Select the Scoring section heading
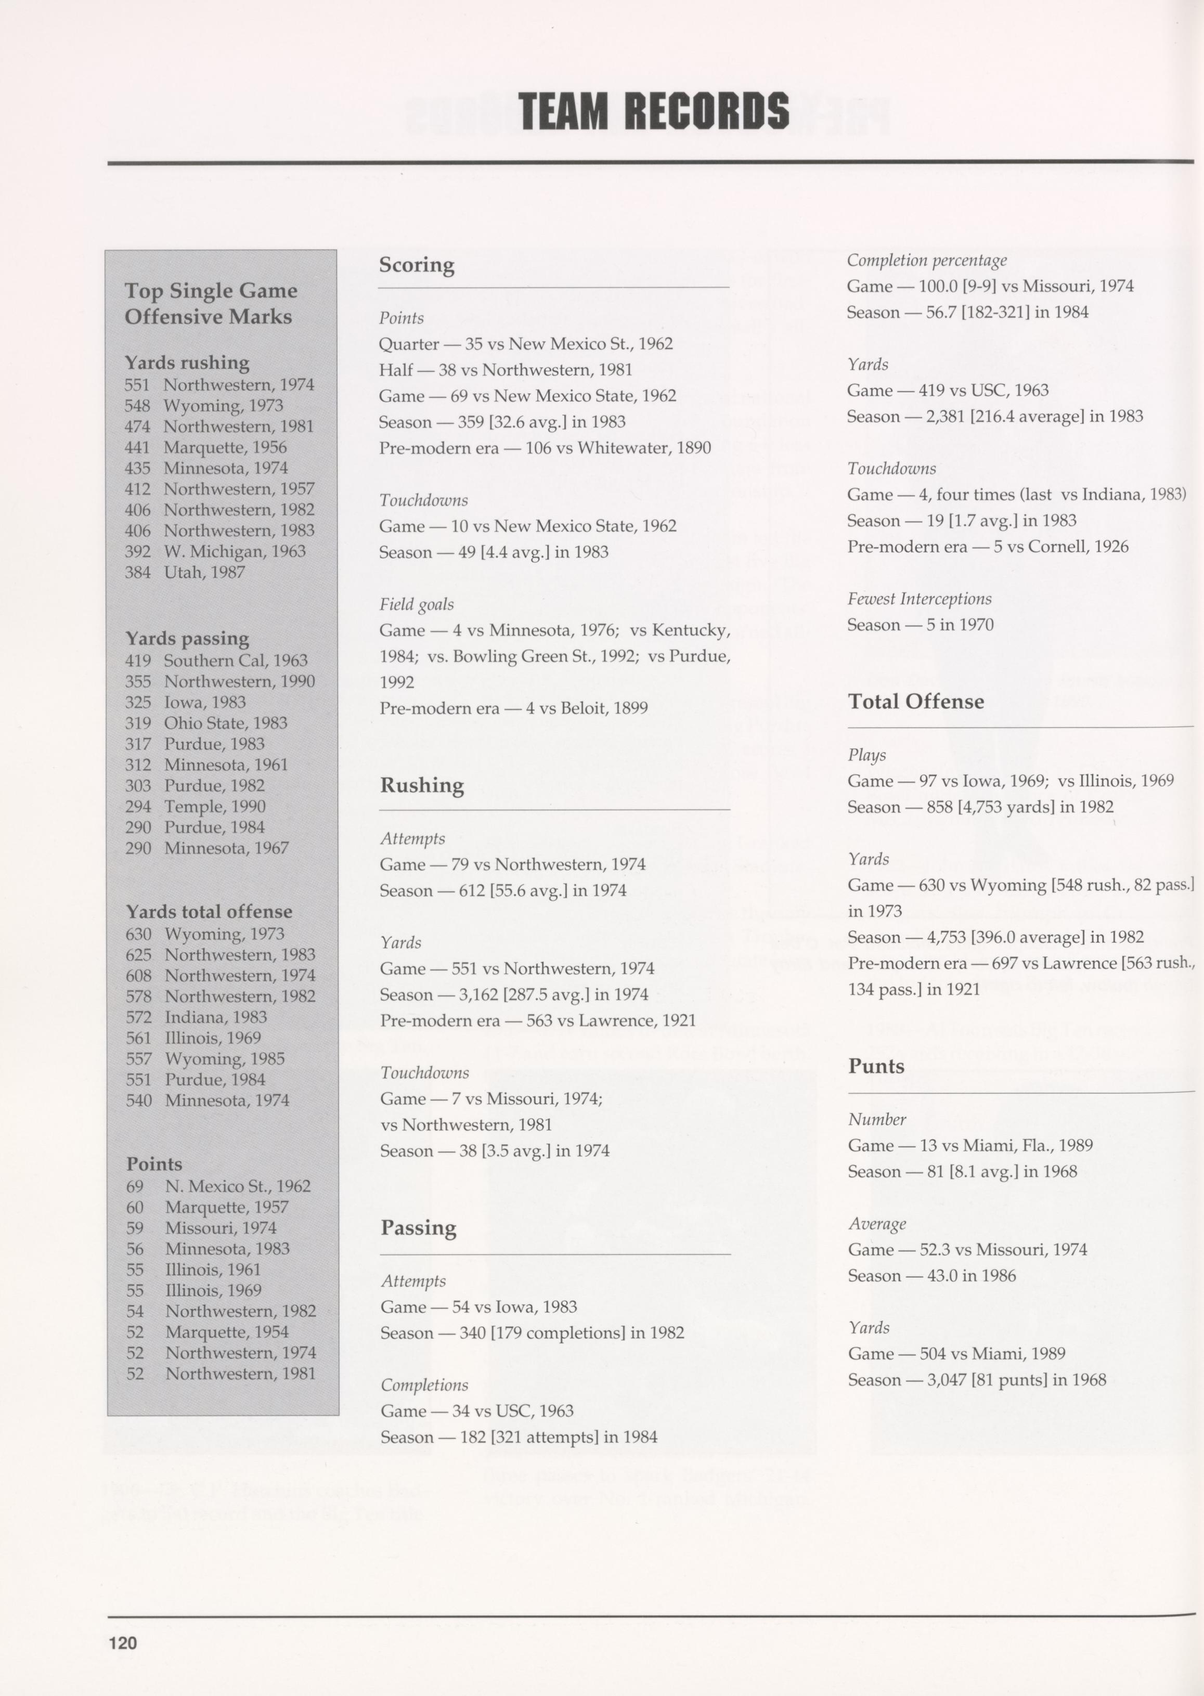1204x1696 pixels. [x=417, y=265]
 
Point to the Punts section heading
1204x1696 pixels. [x=876, y=1066]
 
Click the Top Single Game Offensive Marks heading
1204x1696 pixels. [x=211, y=303]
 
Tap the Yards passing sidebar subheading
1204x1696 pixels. [x=187, y=638]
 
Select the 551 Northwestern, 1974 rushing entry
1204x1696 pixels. [x=219, y=385]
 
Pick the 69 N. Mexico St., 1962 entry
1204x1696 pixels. [x=218, y=1186]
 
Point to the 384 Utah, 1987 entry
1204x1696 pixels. [x=185, y=572]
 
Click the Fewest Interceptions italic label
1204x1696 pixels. [x=920, y=599]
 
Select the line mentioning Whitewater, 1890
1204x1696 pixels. [x=545, y=448]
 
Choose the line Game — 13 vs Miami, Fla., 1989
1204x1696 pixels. [x=970, y=1145]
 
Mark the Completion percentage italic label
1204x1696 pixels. [x=927, y=260]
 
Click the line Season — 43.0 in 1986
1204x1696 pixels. [x=931, y=1276]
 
